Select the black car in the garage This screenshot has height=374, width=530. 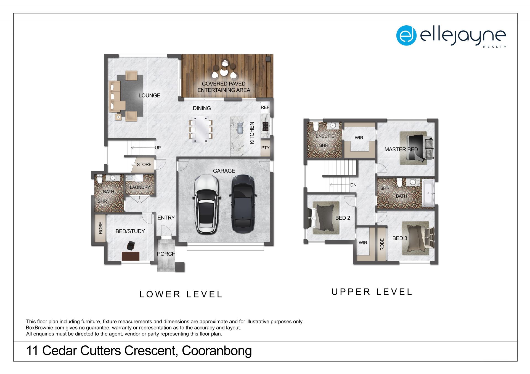click(x=243, y=204)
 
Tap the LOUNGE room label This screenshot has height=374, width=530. click(x=149, y=95)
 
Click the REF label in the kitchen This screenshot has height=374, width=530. click(x=265, y=107)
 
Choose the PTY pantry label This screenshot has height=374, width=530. click(x=265, y=148)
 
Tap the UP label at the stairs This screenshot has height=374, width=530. click(x=158, y=148)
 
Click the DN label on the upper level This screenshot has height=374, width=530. click(x=353, y=185)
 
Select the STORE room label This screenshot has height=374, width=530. click(x=144, y=165)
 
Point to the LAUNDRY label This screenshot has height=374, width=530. click(x=140, y=187)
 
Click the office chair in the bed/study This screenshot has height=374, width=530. click(x=131, y=245)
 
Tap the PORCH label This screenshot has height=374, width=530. click(x=166, y=254)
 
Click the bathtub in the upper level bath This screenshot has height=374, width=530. click(x=428, y=193)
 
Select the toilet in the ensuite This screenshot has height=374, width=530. click(x=316, y=127)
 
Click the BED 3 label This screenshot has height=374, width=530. click(x=400, y=238)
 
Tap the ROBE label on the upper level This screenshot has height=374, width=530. click(x=382, y=244)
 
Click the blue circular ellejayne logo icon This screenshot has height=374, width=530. click(x=406, y=35)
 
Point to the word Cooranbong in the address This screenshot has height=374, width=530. click(x=217, y=351)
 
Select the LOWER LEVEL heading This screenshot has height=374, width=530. click(x=181, y=294)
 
